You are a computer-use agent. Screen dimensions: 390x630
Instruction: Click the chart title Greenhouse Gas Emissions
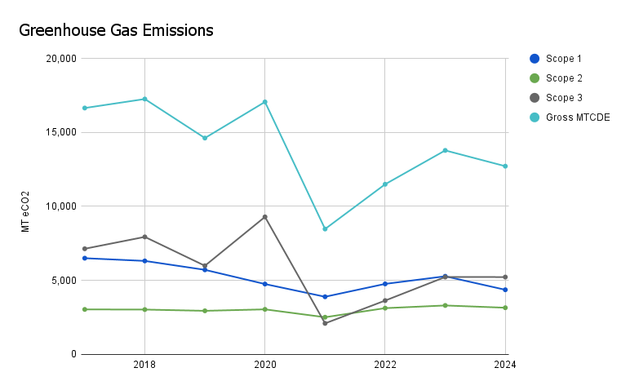[115, 31]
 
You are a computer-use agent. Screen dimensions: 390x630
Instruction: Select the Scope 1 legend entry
[563, 59]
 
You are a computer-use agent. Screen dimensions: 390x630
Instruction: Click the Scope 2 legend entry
[563, 78]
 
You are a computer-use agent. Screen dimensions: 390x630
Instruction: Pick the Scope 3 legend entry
[563, 98]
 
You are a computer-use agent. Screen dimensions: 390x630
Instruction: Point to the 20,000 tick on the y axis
[60, 59]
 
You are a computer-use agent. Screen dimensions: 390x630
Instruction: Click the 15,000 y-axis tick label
[60, 132]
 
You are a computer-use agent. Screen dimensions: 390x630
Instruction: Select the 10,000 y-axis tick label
[60, 206]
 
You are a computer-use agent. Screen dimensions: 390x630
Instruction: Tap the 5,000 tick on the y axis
[63, 281]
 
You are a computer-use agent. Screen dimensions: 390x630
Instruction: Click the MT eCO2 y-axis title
[25, 211]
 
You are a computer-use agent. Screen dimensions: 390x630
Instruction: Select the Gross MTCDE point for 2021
[325, 229]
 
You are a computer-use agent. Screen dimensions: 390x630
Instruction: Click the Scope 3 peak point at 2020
[264, 217]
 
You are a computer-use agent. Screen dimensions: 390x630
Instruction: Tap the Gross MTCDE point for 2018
[144, 99]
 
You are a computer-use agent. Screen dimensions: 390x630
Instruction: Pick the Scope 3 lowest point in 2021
[325, 323]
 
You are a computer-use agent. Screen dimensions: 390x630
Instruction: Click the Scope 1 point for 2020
[264, 284]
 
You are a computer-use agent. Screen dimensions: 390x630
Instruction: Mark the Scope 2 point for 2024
[505, 308]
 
